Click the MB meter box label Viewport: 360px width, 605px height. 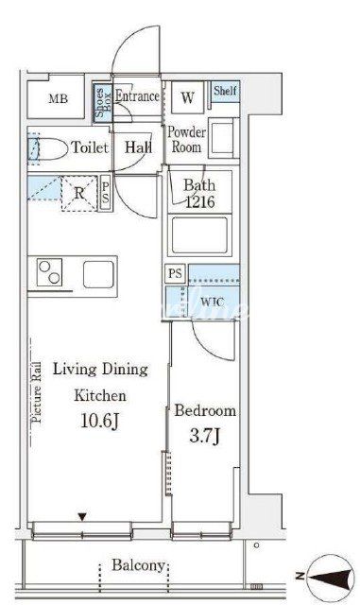click(59, 98)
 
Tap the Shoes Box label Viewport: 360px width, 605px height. click(103, 103)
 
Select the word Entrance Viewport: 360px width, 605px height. click(137, 96)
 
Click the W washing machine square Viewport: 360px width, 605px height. click(187, 97)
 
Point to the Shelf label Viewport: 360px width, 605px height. click(225, 91)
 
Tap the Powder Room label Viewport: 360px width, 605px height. click(186, 140)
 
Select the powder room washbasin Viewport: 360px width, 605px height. click(223, 137)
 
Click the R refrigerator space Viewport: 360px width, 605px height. click(79, 193)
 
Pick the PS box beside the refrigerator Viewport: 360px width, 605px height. click(105, 193)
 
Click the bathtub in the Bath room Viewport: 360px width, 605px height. click(199, 235)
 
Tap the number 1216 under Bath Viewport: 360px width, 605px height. click(200, 201)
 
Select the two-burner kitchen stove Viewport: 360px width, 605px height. click(49, 272)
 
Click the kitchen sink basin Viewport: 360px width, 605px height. click(99, 274)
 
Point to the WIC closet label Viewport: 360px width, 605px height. click(212, 302)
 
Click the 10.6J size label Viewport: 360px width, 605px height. click(99, 421)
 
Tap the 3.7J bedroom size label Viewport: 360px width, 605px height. click(204, 437)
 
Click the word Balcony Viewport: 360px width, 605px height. click(139, 565)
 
